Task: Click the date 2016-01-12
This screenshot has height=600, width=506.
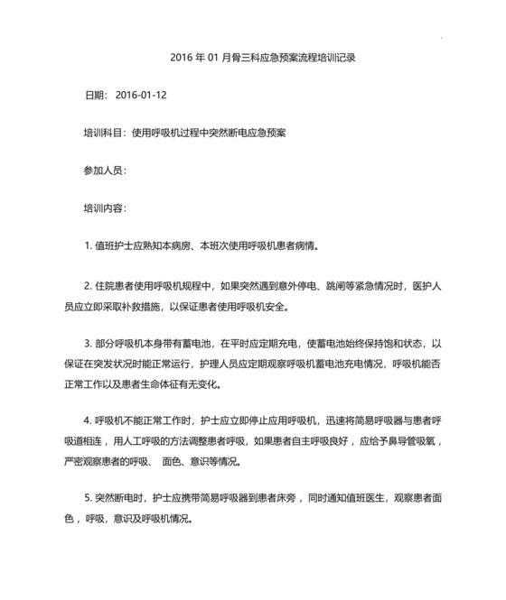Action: [142, 95]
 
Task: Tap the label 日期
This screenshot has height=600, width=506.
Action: [95, 95]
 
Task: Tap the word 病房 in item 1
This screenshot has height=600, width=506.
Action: [182, 245]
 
